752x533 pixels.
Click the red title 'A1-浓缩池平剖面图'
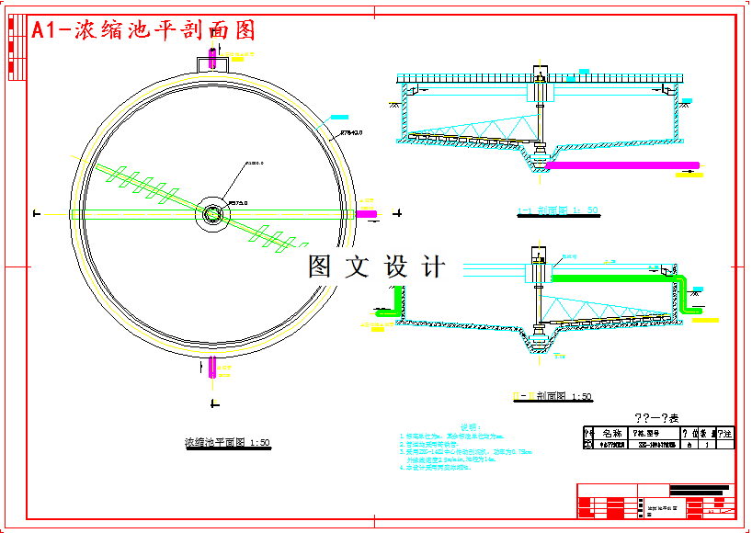(143, 30)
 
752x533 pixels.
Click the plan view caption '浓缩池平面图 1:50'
(227, 443)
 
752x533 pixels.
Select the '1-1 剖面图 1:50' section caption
(558, 210)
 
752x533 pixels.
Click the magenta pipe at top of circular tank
(212, 56)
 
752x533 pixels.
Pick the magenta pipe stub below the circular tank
(212, 368)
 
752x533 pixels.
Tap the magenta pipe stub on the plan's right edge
(367, 214)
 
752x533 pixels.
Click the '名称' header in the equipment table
(611, 433)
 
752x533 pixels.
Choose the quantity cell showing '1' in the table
(705, 444)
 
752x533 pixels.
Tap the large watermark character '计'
(432, 267)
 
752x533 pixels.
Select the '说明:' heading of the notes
(470, 427)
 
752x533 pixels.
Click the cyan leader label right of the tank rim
(339, 117)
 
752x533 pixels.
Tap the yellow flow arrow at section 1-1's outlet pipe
(687, 172)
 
